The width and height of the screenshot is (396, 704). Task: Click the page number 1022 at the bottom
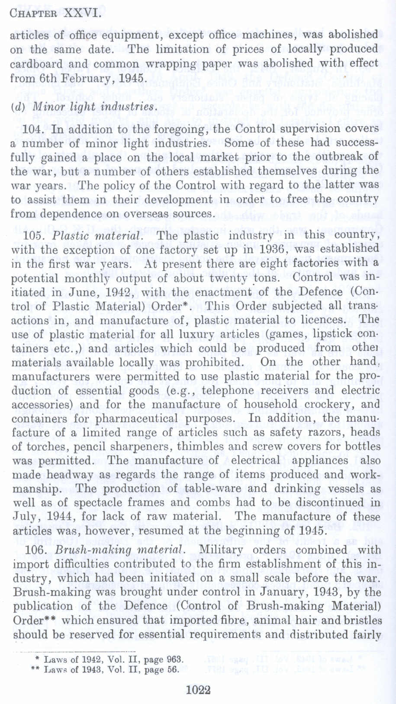click(x=198, y=689)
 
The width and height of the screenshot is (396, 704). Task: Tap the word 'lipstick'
click(x=331, y=334)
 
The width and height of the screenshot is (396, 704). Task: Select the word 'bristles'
click(x=362, y=621)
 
